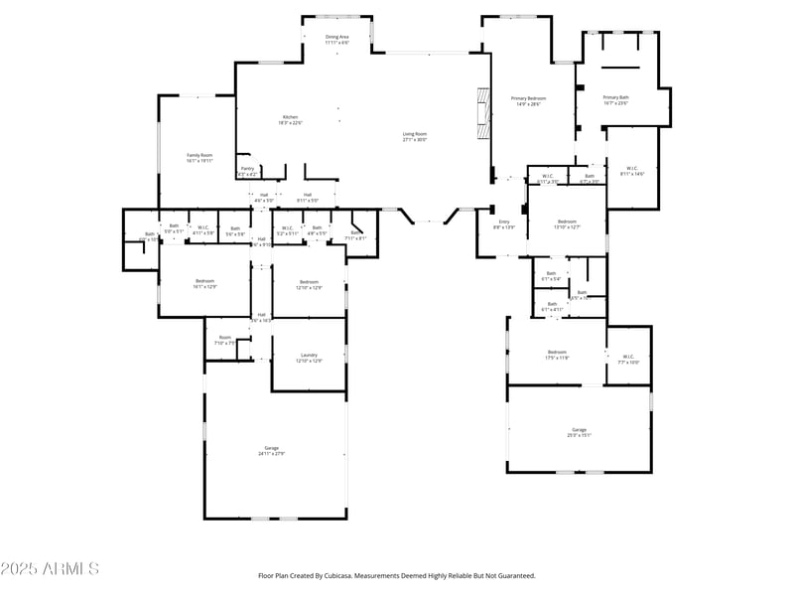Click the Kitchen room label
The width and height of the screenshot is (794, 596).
tap(290, 119)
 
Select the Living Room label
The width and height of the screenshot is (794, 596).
tap(414, 136)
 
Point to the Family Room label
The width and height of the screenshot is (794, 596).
tap(200, 157)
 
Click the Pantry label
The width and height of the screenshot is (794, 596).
tap(247, 171)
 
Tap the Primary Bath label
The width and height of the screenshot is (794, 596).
tap(616, 99)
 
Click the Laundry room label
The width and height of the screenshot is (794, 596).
tap(309, 358)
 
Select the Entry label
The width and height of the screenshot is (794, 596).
tap(504, 224)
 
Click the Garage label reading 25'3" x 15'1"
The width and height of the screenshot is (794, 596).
tap(579, 431)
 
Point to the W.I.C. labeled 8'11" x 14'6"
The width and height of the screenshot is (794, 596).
tap(632, 171)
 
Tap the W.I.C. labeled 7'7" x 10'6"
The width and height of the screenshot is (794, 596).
tap(628, 360)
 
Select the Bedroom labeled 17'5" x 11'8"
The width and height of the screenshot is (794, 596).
tap(557, 355)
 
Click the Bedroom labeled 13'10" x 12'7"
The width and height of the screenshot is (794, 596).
tap(566, 223)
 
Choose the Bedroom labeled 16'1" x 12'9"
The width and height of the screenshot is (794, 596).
tap(205, 283)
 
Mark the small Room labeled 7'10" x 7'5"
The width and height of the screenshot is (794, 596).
tap(225, 340)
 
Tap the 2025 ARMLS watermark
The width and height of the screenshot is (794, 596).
tap(50, 569)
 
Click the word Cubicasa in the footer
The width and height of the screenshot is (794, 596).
tap(385, 575)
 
